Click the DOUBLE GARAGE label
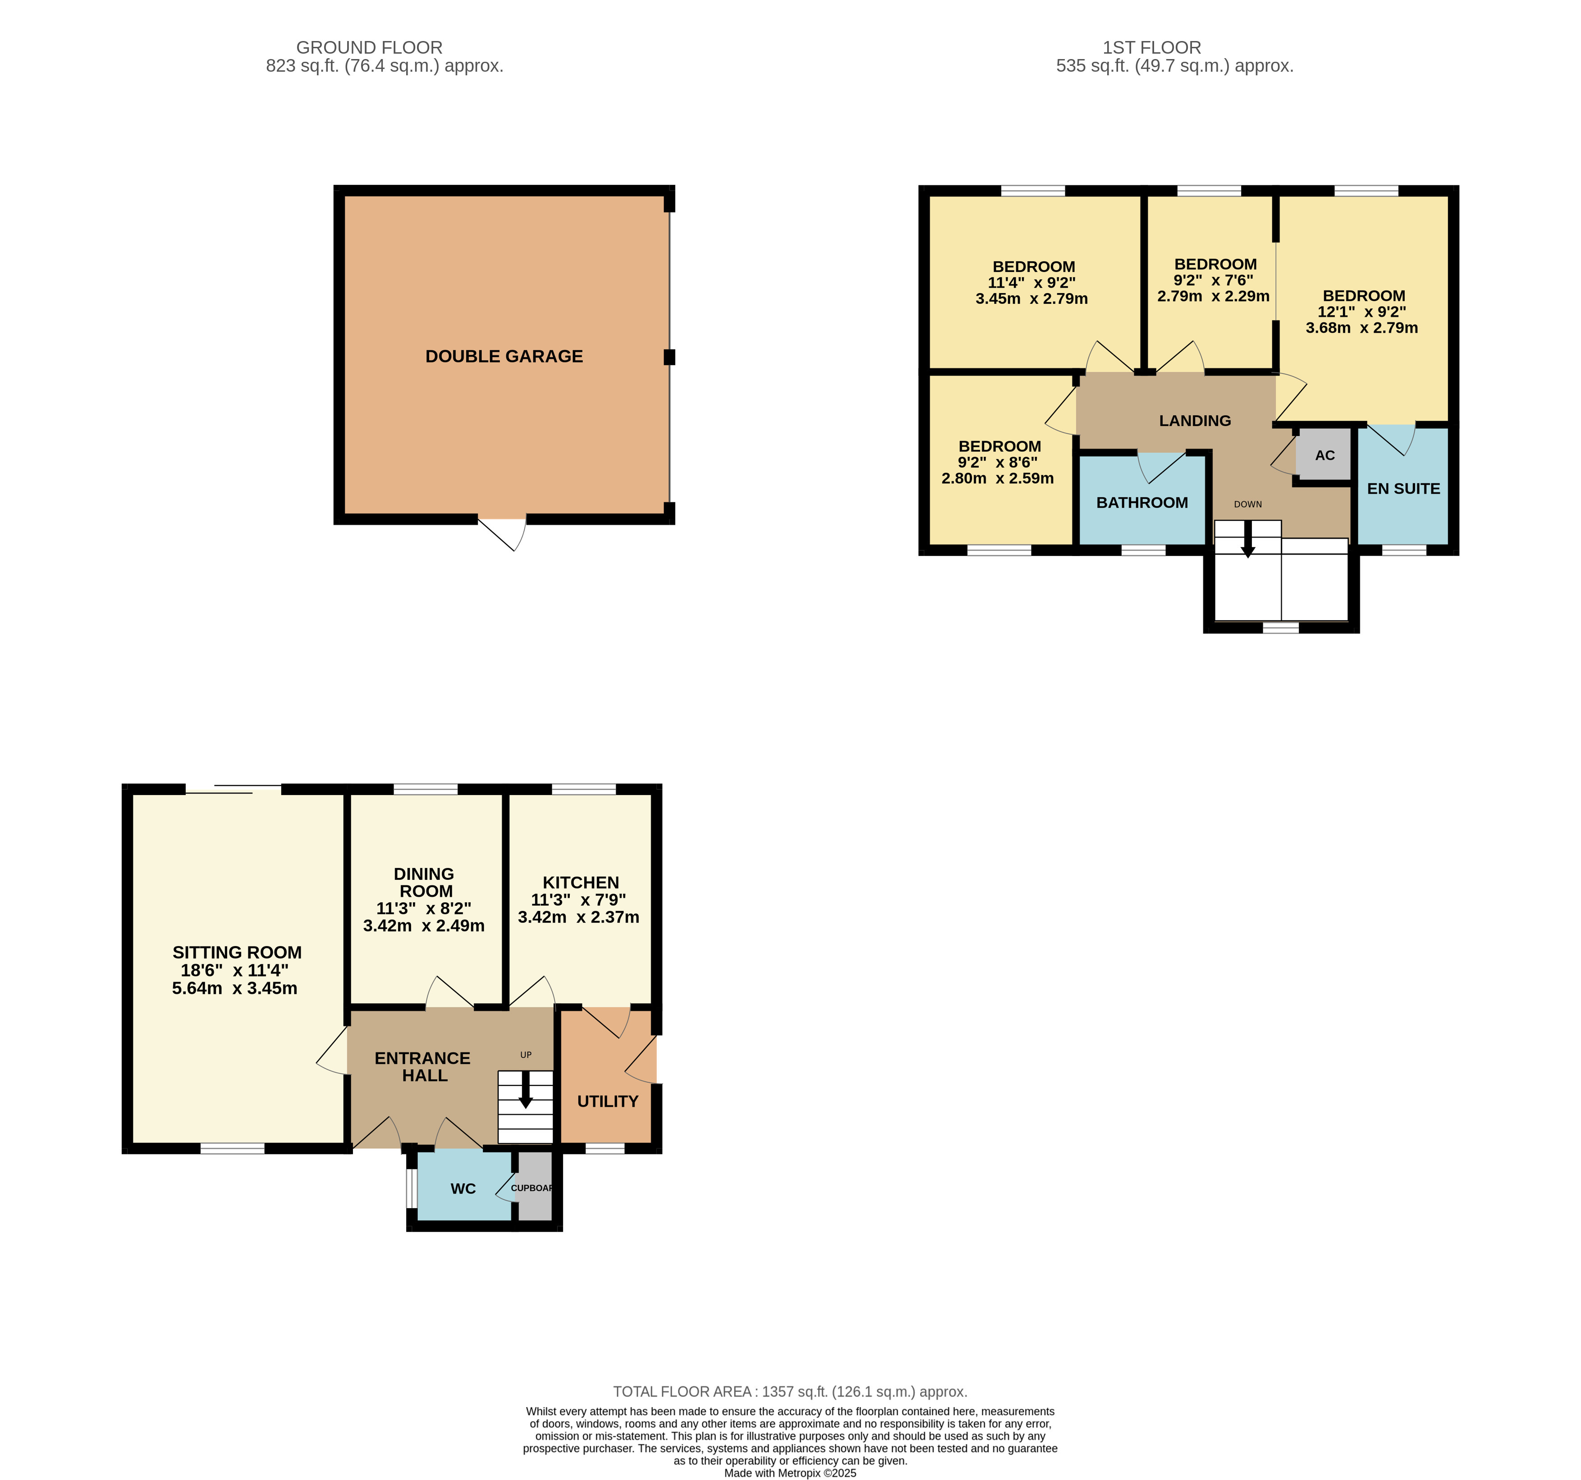(x=504, y=357)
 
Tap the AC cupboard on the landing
(x=1324, y=455)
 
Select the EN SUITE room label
(x=1403, y=488)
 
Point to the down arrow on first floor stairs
(x=1248, y=539)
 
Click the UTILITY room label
(x=608, y=1101)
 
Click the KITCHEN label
(x=581, y=882)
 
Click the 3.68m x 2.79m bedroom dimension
(x=1361, y=328)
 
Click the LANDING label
(x=1195, y=421)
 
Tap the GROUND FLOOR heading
(x=369, y=48)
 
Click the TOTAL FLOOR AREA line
(x=790, y=1392)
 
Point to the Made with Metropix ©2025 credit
(x=790, y=1473)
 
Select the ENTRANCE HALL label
(x=423, y=1066)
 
